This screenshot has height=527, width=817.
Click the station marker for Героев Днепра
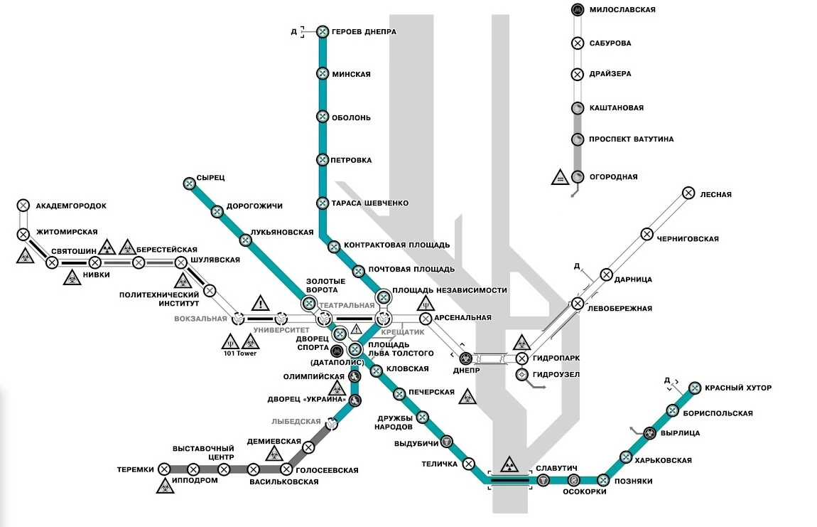coord(323,32)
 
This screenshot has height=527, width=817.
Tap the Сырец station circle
coord(190,183)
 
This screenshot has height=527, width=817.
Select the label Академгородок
coord(71,206)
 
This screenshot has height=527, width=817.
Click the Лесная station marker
coord(688,193)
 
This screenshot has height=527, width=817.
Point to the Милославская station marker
coord(578,10)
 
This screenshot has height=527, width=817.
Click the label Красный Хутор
coord(737,388)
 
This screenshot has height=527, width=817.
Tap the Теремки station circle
coord(164,469)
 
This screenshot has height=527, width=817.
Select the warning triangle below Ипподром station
coord(164,488)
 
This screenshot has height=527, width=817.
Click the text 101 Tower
coord(239,353)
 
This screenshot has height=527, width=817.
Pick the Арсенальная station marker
coord(426,318)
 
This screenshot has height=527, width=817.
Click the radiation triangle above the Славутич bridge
coord(509,465)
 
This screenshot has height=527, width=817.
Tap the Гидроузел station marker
coord(522,374)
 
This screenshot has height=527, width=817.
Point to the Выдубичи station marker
coord(446,442)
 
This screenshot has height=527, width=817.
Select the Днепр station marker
coord(465,358)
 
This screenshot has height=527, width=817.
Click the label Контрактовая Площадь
coord(396,245)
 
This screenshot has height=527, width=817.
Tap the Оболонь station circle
coord(323,117)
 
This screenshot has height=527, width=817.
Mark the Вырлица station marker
coord(649,432)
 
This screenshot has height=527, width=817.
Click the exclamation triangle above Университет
coord(261,304)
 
